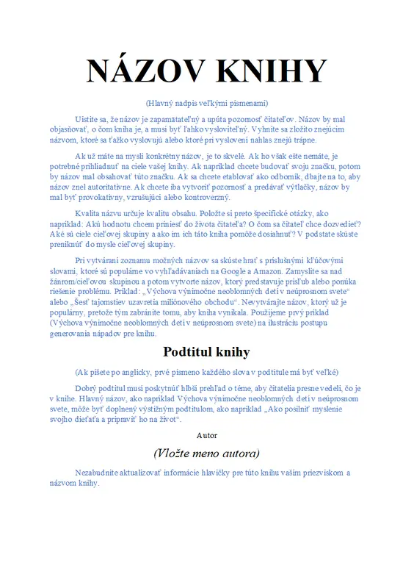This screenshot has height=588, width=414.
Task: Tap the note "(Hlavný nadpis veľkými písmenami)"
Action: click(x=207, y=102)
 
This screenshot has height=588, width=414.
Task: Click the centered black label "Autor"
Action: click(x=207, y=435)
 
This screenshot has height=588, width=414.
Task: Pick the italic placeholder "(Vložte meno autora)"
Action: click(x=207, y=453)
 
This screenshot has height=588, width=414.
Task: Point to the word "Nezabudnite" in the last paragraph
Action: click(x=100, y=473)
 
